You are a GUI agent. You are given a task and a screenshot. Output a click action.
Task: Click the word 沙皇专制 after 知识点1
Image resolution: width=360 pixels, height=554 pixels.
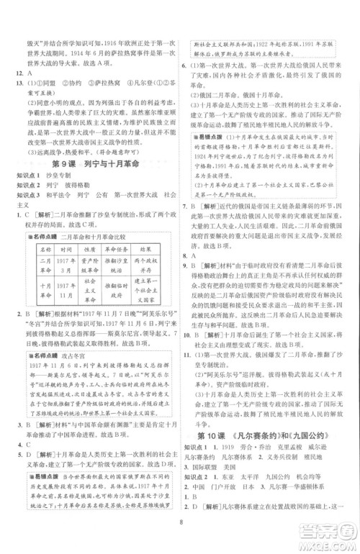[57, 163]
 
